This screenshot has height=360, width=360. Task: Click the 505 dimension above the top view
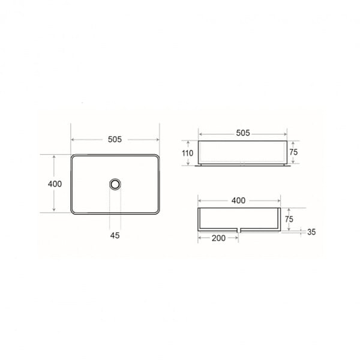pos(115,139)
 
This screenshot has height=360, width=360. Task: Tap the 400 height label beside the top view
pos(55,184)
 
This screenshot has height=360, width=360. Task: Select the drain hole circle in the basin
pos(115,184)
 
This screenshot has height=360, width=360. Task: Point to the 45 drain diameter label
pos(115,235)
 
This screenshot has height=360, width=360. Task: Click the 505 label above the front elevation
pos(243,133)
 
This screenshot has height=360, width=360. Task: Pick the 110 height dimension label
pos(187,153)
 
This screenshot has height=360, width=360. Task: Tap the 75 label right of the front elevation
pos(293,152)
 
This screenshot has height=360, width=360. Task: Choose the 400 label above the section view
pos(238,200)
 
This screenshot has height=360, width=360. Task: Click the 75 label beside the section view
pos(289,219)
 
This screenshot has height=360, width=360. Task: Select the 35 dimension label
pos(311,232)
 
